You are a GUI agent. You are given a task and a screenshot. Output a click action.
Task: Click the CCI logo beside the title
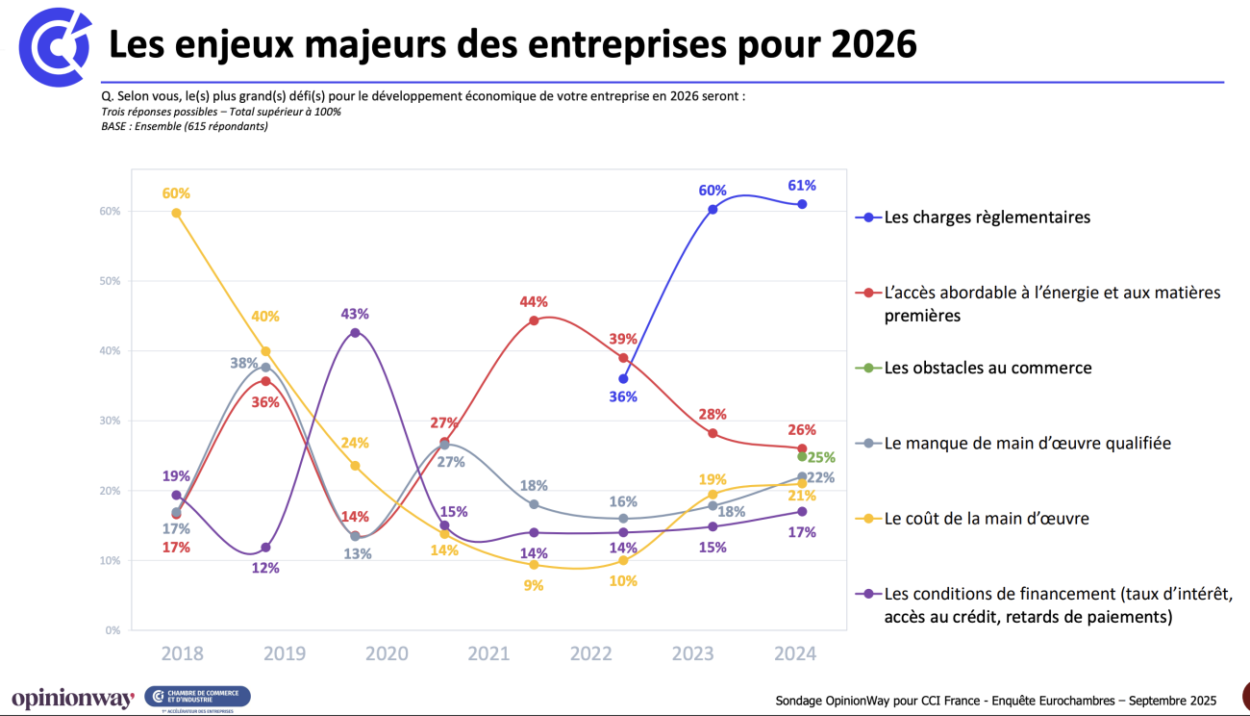[x=55, y=45]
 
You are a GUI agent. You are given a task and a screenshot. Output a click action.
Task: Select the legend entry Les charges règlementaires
[x=987, y=217]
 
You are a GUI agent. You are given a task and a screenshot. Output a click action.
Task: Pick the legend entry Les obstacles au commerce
[x=987, y=368]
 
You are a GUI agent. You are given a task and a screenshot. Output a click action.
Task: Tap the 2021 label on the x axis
[x=488, y=654]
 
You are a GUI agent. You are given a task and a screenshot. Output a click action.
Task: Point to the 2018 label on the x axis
[x=182, y=654]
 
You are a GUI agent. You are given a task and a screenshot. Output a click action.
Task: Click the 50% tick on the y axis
[x=112, y=281]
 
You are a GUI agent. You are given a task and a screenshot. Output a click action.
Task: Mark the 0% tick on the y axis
[x=113, y=630]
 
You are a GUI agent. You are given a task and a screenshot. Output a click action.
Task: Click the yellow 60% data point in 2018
[x=176, y=213]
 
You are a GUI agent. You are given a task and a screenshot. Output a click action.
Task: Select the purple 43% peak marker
[x=355, y=333]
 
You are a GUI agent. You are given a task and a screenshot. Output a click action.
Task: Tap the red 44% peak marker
[x=534, y=320]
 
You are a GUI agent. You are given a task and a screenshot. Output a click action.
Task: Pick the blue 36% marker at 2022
[x=623, y=378]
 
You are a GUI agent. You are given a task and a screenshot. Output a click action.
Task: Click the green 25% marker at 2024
[x=802, y=456]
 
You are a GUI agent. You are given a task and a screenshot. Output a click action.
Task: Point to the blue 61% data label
[x=802, y=186]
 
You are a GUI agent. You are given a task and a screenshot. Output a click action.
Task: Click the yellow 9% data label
[x=534, y=585]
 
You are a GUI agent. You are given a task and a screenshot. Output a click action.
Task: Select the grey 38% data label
[x=243, y=364]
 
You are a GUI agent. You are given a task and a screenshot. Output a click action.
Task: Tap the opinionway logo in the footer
[x=72, y=700]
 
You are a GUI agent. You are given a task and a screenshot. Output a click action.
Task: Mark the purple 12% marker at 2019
[x=265, y=548]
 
